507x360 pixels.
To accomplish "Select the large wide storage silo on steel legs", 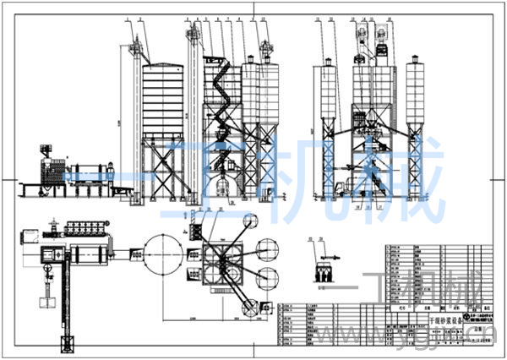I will point(163,100).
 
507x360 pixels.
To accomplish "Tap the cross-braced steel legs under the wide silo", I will point(163,167).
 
